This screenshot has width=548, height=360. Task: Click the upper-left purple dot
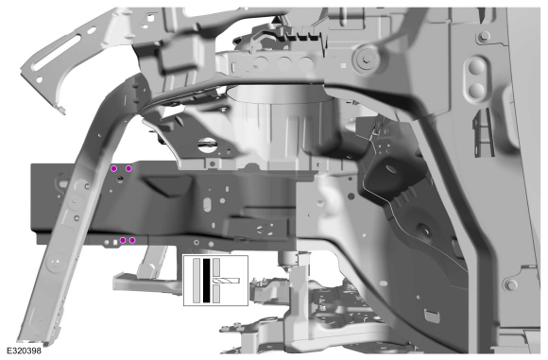click(113, 168)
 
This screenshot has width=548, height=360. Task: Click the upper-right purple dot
click(128, 168)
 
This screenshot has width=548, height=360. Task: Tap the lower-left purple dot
click(123, 240)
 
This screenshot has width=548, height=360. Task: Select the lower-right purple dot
click(132, 240)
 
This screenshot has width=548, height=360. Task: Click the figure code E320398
click(24, 351)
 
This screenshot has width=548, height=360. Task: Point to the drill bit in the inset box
click(226, 281)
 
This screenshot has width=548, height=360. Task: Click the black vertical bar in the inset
click(207, 281)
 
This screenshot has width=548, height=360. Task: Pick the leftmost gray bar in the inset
click(197, 281)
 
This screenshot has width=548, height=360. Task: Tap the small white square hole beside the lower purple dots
click(115, 241)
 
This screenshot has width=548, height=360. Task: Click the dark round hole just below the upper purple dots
click(120, 180)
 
